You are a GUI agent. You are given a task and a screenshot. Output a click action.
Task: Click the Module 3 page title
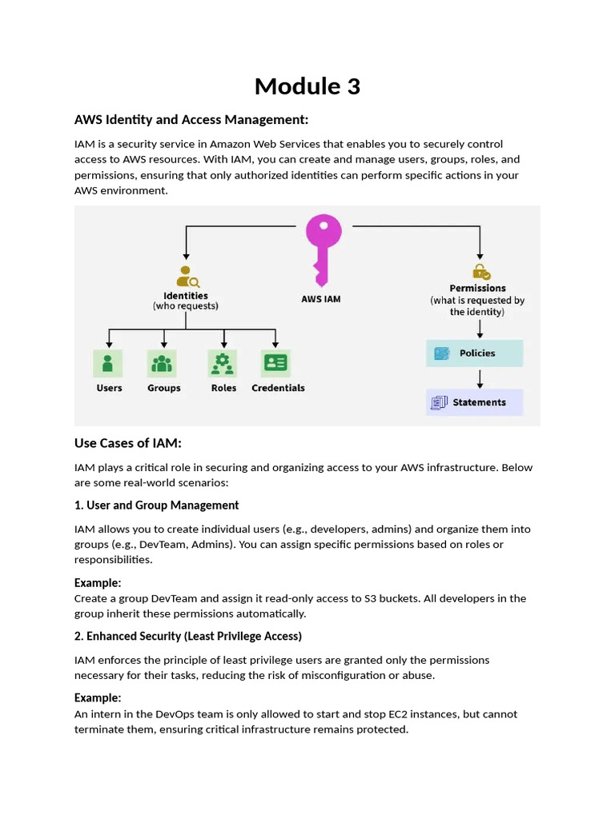pos(307,86)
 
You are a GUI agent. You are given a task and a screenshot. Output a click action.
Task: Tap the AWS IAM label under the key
pos(321,299)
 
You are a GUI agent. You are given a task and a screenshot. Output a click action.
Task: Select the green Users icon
pos(108,363)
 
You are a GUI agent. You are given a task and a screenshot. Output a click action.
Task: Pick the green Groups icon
pos(162,363)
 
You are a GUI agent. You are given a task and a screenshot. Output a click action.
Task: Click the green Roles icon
pos(222,363)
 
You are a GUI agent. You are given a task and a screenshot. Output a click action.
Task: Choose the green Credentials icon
pos(276,363)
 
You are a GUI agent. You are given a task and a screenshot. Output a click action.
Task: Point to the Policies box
pos(474,354)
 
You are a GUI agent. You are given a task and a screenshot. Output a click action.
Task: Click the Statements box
pos(474,402)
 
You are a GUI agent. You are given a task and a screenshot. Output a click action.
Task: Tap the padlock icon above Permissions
pos(480,272)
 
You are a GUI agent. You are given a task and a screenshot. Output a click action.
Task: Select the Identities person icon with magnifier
pos(187,276)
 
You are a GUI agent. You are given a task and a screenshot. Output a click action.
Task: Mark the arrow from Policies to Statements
pos(479,378)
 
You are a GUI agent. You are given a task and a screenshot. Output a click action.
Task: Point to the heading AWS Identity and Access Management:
pos(191,120)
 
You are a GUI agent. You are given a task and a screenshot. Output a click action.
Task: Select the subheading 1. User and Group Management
pos(156,505)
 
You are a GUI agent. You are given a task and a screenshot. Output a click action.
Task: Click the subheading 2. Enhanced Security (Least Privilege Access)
pos(187,637)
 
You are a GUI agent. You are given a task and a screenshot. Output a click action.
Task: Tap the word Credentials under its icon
pos(278,388)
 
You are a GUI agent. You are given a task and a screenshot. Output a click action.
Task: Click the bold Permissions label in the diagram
pos(477,288)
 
